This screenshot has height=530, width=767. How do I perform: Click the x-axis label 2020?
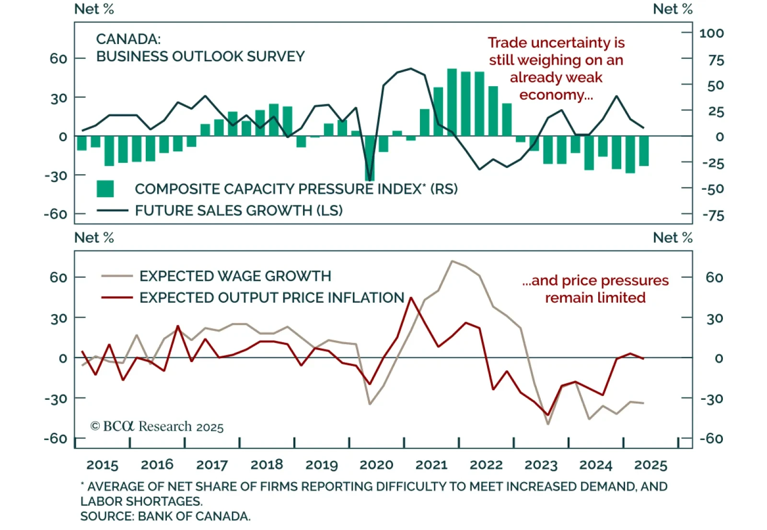pos(376,464)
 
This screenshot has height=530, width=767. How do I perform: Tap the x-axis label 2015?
pos(102,464)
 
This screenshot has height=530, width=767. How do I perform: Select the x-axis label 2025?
pos(651,464)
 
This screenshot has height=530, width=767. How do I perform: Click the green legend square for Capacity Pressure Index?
pos(105,189)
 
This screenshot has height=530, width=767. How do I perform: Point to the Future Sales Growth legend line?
pos(113,210)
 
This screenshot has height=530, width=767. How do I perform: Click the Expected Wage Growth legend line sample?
pos(117,276)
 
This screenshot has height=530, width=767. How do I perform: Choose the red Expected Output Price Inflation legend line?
pos(117,297)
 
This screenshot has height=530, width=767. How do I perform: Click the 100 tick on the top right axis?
pos(711,33)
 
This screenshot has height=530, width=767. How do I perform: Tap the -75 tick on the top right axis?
pos(713,215)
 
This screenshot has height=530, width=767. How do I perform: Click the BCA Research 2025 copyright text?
pos(157,426)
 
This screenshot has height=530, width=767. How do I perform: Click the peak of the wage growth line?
pos(452,261)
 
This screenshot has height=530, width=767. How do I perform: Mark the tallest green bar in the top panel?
pos(452,102)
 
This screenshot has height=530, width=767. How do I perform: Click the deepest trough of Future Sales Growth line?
pos(370,180)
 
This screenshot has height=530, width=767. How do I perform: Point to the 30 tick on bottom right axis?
pos(714,318)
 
